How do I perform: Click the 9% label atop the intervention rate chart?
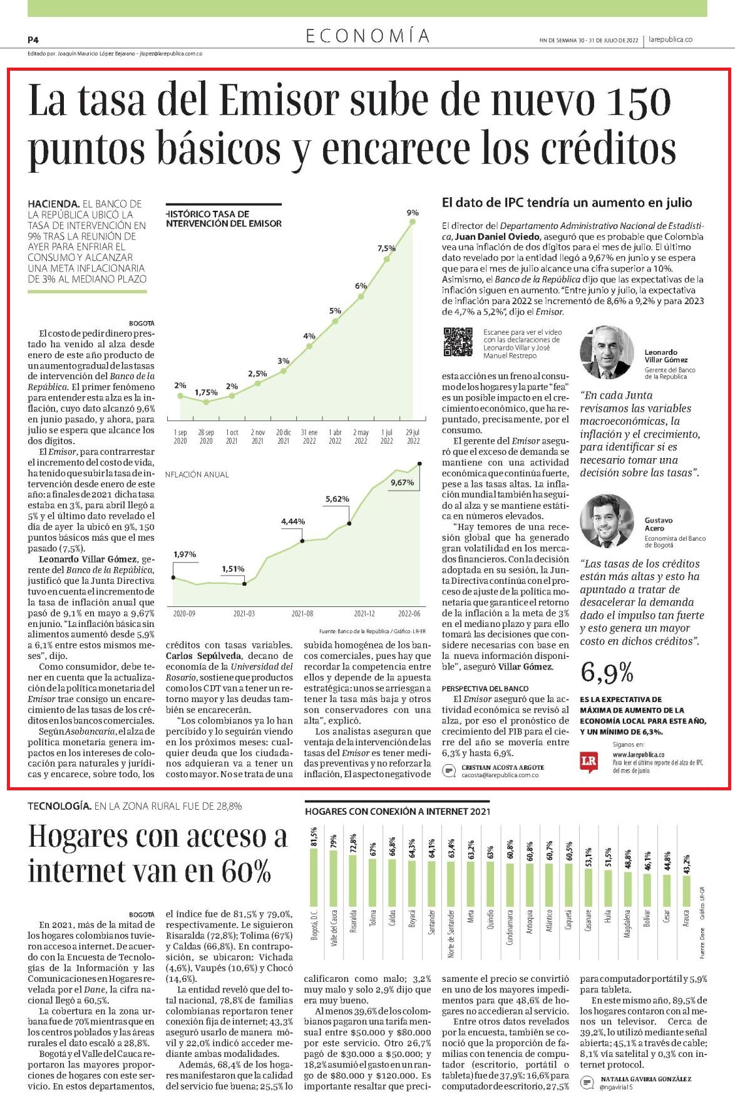pos(412,213)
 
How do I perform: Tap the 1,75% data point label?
pos(206,392)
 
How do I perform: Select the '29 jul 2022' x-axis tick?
pos(413,436)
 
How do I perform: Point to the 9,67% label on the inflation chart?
pos(402,482)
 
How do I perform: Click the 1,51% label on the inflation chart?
pos(232,569)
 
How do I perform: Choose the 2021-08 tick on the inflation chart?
pos(302,614)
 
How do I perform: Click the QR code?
pos(458,342)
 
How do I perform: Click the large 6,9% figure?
pos(607,673)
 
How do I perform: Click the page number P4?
pos(33,39)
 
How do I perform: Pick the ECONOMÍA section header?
pos(368,36)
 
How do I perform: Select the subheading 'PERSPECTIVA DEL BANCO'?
pos(485,688)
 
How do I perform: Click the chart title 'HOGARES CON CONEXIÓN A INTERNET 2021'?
pos(397,812)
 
